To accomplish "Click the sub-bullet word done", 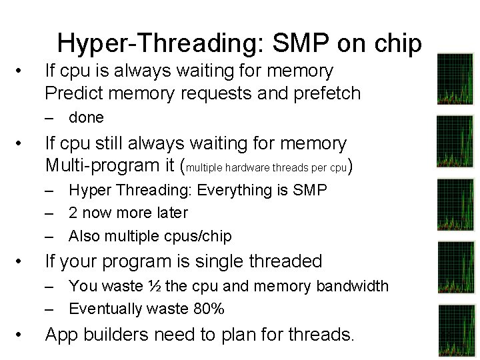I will [86, 118].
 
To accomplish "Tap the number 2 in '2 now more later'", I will [73, 213].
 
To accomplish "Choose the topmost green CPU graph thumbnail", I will [455, 79].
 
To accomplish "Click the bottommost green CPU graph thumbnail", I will [456, 330].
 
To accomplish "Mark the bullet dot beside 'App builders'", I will [22, 335].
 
